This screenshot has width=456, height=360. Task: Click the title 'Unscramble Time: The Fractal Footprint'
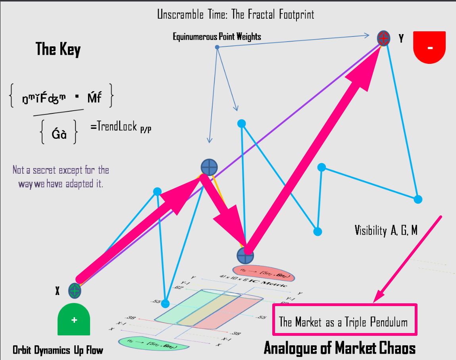[x=235, y=15]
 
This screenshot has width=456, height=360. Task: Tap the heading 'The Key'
[x=58, y=49]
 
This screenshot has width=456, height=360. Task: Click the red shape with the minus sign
[x=430, y=47]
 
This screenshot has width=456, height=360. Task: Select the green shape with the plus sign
[x=74, y=320]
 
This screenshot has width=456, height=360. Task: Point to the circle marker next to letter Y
[x=383, y=38]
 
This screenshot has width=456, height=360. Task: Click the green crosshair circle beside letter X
[x=75, y=291]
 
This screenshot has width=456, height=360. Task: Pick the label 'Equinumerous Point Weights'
[x=217, y=37]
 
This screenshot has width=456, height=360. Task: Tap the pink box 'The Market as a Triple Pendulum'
[x=344, y=320]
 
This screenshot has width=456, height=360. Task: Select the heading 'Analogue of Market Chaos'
[x=339, y=348]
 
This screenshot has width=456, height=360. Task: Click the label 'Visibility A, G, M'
[x=386, y=230]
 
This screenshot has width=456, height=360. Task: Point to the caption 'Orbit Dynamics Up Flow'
[x=58, y=350]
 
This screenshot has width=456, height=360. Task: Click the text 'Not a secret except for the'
[x=61, y=170]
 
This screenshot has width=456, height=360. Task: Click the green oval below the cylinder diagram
[x=153, y=343]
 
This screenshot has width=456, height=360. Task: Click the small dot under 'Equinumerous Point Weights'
[x=217, y=47]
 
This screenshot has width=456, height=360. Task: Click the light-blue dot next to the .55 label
[x=165, y=304]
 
